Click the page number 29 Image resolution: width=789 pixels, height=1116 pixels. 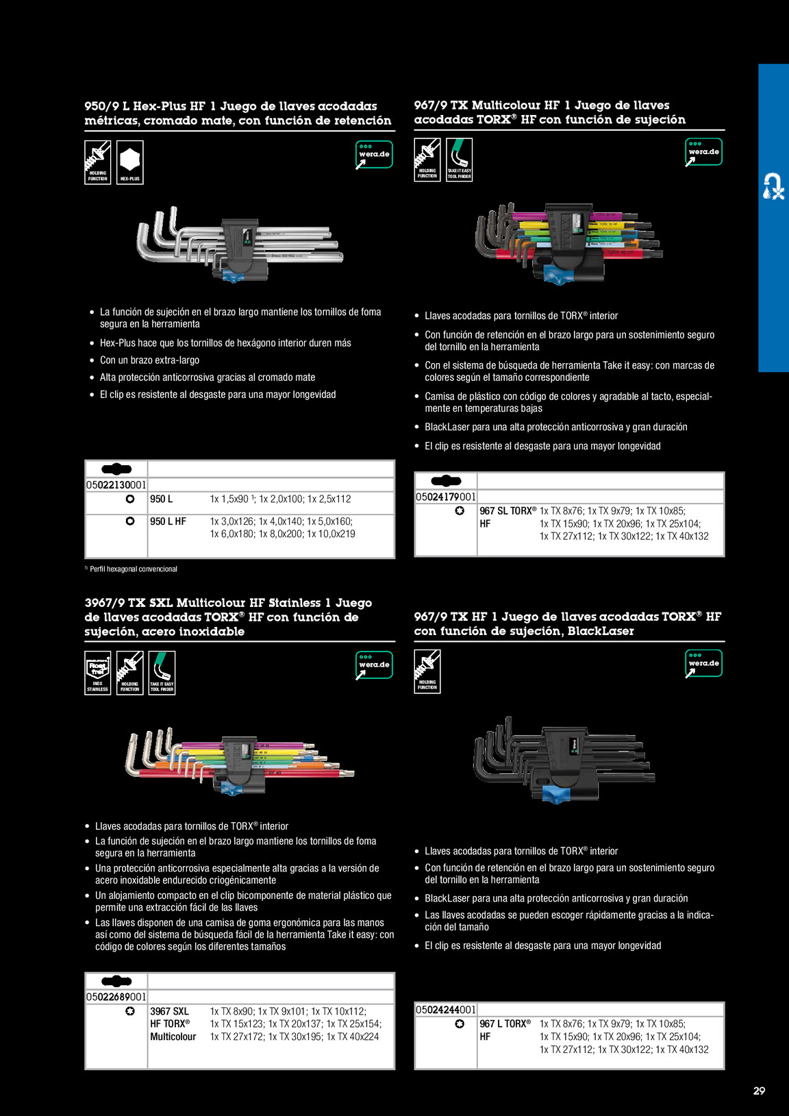[x=759, y=1091]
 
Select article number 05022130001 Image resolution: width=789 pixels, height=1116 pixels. [x=116, y=485]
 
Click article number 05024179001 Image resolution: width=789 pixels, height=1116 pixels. [x=445, y=497]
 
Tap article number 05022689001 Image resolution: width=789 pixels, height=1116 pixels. [x=116, y=997]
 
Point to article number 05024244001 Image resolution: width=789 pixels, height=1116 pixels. [x=445, y=1010]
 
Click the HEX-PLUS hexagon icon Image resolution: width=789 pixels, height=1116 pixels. [x=129, y=162]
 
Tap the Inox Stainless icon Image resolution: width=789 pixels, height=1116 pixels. [x=98, y=673]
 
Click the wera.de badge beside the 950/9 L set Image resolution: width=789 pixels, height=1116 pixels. [x=374, y=155]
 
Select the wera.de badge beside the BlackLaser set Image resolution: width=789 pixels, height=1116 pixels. [x=703, y=663]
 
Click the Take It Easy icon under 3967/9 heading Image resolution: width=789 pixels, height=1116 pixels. [x=162, y=673]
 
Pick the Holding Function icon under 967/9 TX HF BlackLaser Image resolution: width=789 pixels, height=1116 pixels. [x=427, y=671]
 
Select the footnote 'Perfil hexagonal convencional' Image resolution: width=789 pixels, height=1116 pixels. [x=133, y=569]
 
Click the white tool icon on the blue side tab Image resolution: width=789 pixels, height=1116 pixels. [x=773, y=186]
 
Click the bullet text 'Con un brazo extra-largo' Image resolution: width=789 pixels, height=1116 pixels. [x=149, y=360]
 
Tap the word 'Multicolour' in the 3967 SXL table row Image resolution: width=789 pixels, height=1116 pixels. [x=173, y=1037]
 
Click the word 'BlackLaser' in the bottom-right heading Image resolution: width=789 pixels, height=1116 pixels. [x=600, y=631]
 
